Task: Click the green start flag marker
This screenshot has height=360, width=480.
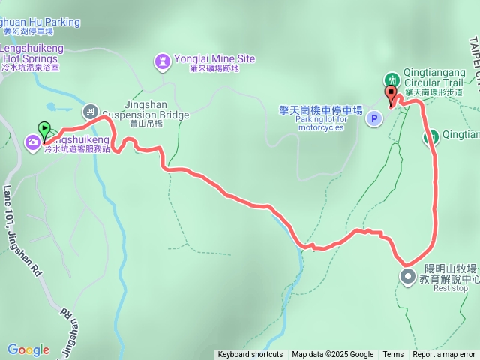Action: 45,129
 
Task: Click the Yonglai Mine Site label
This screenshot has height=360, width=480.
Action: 214,58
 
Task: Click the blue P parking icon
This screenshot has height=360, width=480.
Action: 374,118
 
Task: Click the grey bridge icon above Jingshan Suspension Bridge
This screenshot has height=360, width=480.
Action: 91,112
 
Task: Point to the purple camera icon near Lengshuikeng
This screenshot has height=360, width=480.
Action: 33,142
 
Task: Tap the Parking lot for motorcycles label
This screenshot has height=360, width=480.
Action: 321,123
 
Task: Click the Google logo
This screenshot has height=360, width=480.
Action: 28,349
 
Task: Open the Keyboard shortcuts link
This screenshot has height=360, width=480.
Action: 250,355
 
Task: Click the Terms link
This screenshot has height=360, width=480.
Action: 393,355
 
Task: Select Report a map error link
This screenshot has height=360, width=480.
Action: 444,355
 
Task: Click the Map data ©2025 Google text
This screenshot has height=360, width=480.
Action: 332,355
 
